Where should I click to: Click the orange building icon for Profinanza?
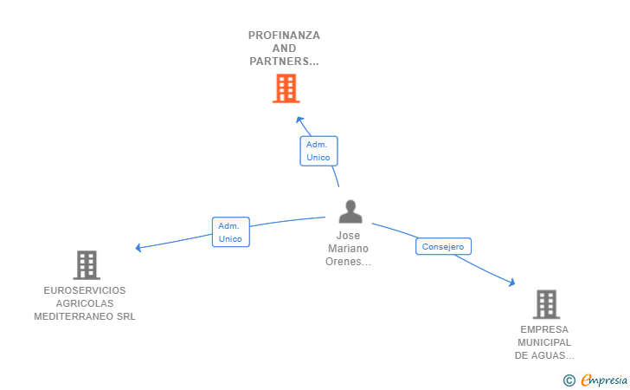coord(286,88)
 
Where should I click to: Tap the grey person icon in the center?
coord(350,211)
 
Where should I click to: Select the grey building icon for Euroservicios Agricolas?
coord(87,264)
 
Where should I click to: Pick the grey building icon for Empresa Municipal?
coord(546,304)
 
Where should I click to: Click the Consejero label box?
coord(444,246)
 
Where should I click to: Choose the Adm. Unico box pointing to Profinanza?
coord(318,151)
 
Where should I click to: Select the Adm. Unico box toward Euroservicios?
coord(230,232)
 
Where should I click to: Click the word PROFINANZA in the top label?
coord(284,36)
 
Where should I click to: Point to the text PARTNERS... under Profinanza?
coord(284,62)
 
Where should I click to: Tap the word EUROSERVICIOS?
coord(85,290)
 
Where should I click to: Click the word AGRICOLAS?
coord(85,303)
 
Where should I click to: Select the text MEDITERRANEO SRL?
coord(85,316)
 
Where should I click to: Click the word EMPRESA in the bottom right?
coord(545,329)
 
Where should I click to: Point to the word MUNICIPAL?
coord(545,342)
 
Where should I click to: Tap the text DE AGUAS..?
coord(544,355)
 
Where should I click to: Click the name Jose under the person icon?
coord(348,235)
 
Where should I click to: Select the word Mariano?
coord(348,248)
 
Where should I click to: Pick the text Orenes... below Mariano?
coord(348,261)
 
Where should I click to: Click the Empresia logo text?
coord(602,380)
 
